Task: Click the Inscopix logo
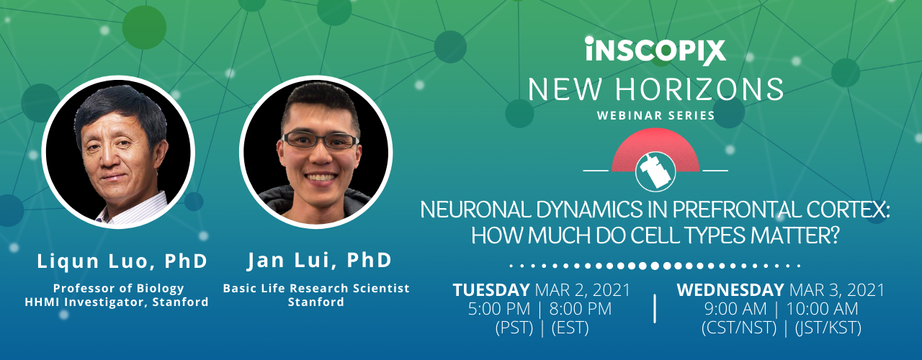[x=655, y=51]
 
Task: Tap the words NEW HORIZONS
[x=655, y=89]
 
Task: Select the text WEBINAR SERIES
[x=655, y=116]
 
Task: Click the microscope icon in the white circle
[x=655, y=171]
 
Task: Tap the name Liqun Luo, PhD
[x=122, y=261]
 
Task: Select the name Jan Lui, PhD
[x=319, y=261]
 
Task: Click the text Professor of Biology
[x=119, y=288]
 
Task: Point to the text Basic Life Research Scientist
[x=316, y=288]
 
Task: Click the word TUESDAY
[x=491, y=290]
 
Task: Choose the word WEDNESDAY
[x=730, y=290]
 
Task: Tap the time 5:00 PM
[x=499, y=309]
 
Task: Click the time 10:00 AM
[x=823, y=309]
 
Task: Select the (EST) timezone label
[x=570, y=328]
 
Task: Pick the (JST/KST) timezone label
[x=828, y=328]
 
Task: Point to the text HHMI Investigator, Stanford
[x=117, y=302]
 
